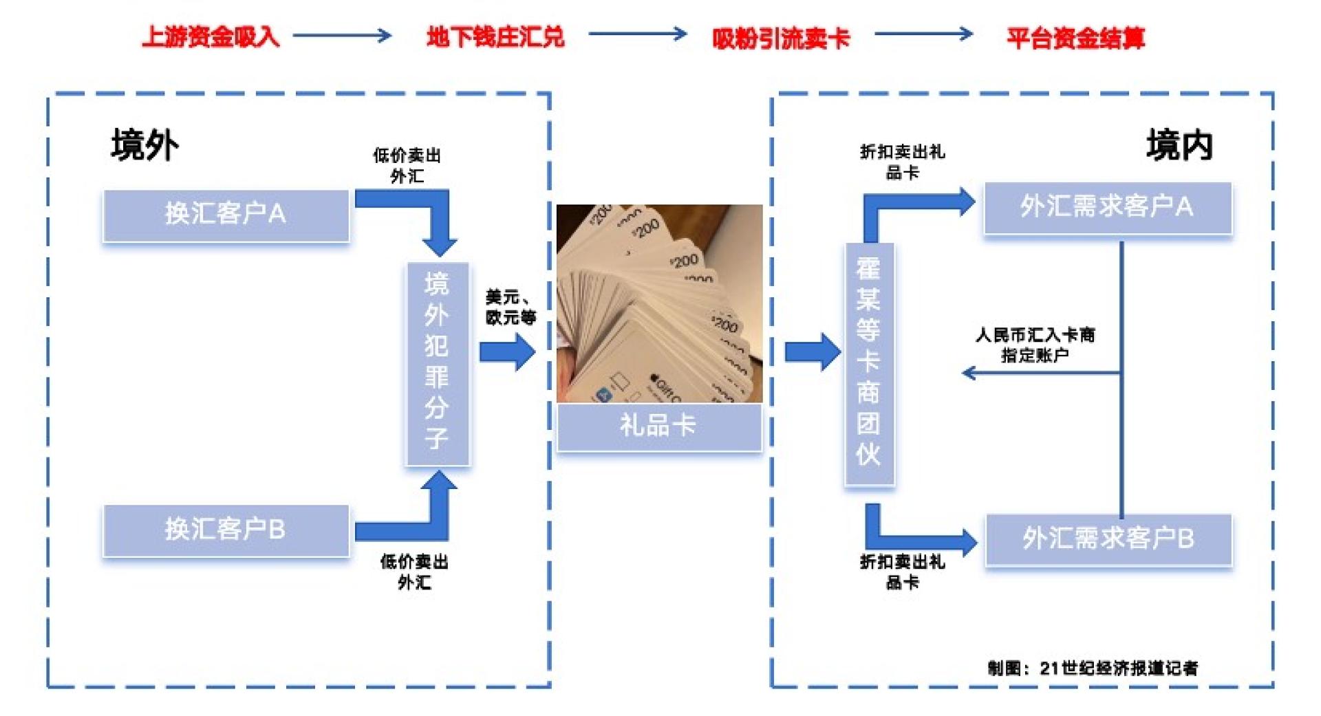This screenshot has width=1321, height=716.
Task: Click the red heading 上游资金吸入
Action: pos(211,36)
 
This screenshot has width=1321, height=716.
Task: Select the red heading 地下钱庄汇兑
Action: pos(495,36)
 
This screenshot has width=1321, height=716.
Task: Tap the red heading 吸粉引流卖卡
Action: pos(781,39)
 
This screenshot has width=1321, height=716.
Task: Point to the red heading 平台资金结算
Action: pos(1075,39)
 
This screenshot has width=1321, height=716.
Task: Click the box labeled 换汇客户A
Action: pos(226,215)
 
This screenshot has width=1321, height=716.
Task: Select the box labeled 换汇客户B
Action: pos(226,530)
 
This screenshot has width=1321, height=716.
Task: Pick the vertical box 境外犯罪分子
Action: pos(438,362)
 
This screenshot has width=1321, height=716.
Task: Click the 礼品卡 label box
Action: pos(658,426)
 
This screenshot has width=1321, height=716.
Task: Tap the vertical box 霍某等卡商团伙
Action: pos(869,362)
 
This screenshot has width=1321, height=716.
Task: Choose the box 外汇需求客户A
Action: pos(1107,207)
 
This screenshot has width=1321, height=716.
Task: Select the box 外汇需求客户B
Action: pos(1108,539)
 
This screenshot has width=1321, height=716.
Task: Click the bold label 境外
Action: pos(144,145)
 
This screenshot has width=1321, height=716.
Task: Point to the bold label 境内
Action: pos(1179,145)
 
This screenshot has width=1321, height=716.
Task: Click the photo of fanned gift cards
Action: pos(658,303)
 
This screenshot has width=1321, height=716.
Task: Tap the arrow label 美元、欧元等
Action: pos(510,307)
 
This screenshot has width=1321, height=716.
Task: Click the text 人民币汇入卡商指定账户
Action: pos(1035,345)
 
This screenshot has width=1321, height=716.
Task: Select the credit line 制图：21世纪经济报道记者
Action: pos(1093,668)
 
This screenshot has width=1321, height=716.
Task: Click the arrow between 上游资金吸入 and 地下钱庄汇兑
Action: pos(342,35)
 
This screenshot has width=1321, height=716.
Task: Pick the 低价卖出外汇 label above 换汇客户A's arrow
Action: pos(407,166)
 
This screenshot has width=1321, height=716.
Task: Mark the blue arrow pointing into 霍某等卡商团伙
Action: pos(813,352)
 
